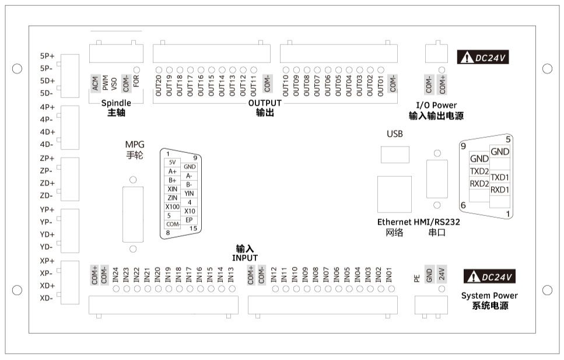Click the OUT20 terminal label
(x=158, y=85)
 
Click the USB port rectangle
(x=394, y=155)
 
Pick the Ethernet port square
(x=394, y=193)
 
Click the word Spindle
(x=116, y=103)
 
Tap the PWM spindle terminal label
(x=105, y=85)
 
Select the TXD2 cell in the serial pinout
(x=479, y=172)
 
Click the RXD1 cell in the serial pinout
(x=500, y=190)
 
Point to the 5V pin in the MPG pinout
(x=171, y=162)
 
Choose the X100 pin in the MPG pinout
(x=172, y=207)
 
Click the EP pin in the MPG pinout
(x=188, y=219)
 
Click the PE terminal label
(x=417, y=278)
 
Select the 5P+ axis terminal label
(x=47, y=56)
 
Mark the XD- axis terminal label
(x=47, y=298)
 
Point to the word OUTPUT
(x=265, y=103)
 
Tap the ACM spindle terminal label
(x=94, y=85)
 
